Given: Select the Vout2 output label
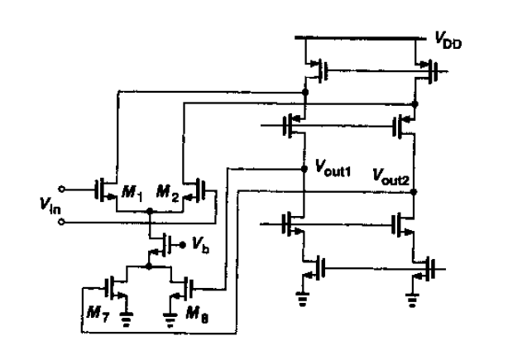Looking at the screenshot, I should [x=395, y=176].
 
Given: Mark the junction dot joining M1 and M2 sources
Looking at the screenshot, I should [x=149, y=212].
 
